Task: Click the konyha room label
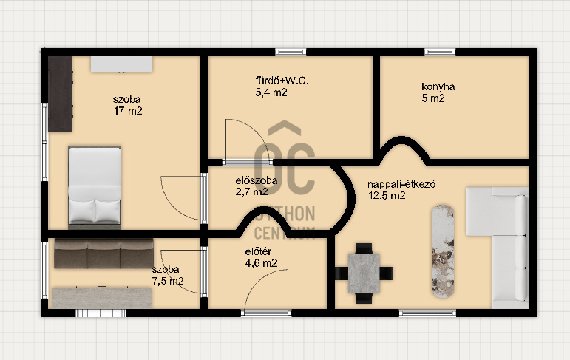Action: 438,87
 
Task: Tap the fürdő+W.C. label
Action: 282,81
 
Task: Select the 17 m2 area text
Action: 128,111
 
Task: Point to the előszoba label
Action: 257,180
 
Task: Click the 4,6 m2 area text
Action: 262,263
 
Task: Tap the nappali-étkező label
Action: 401,184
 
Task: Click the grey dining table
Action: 364,274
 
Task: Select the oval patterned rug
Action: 443,251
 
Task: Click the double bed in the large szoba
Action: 95,187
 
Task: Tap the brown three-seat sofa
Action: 104,254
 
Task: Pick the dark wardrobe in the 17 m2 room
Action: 60,94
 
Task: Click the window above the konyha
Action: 440,52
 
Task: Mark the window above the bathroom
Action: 291,52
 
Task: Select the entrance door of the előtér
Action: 266,291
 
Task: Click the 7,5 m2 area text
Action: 168,281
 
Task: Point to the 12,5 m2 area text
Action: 387,196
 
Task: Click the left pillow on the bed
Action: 82,211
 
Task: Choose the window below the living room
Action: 427,313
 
